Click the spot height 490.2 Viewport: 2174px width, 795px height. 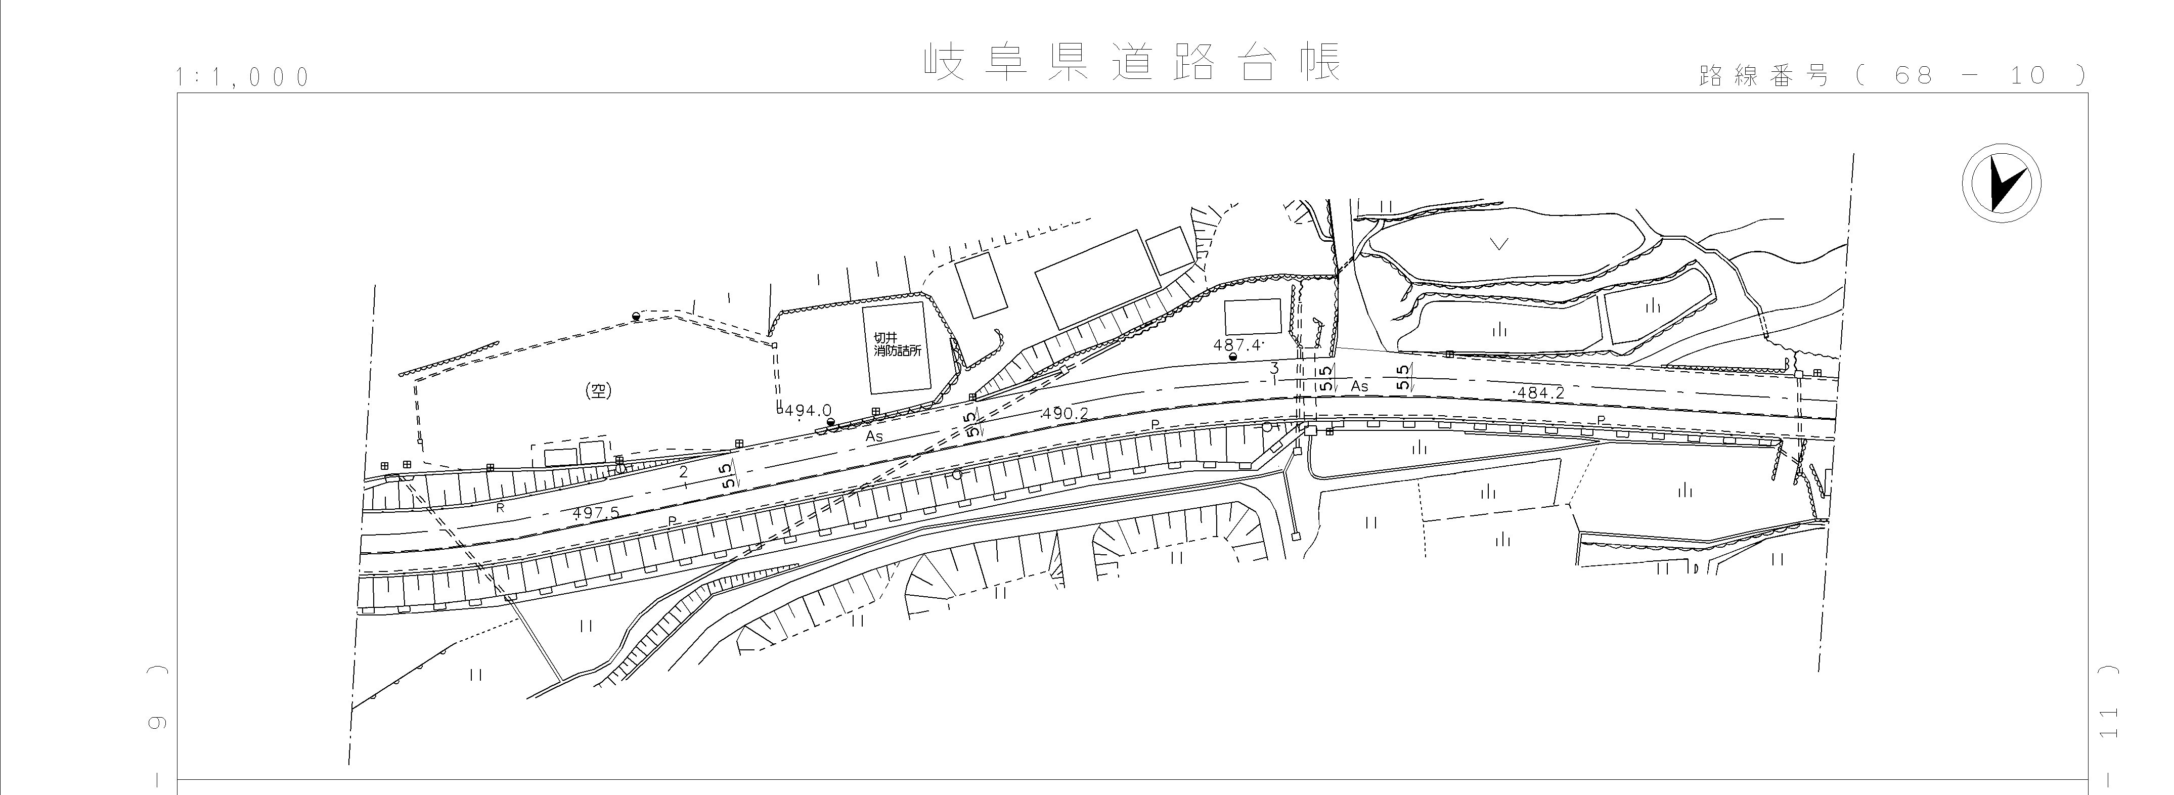pos(1065,414)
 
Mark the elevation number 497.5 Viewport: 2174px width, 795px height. pos(596,513)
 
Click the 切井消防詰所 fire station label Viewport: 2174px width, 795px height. pos(896,344)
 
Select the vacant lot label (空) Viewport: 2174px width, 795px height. pos(598,391)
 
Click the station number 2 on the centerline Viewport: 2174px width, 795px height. pos(684,472)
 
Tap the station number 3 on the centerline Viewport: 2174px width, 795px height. pos(1274,368)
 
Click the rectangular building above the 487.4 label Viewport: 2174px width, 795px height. pos(1253,316)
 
